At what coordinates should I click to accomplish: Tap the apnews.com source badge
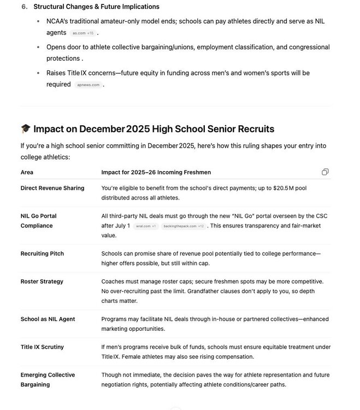coord(88,85)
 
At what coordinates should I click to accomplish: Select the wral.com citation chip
coord(146,226)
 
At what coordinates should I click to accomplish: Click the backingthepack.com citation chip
coord(183,226)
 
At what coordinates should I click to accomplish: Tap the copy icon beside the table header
coord(325,172)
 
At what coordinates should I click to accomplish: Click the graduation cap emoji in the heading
coord(26,130)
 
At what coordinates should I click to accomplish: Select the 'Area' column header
coord(27,172)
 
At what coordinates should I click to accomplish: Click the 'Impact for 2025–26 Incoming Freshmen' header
coord(156,172)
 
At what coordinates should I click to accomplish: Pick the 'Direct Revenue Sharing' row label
coord(52,188)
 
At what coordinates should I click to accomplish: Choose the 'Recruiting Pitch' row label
coord(42,254)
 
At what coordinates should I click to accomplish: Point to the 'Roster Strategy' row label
coord(42,282)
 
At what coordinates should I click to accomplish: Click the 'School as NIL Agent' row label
coord(48,319)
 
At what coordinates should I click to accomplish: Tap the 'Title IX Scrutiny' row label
coord(42,347)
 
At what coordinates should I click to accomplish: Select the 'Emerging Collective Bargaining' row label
coord(48,380)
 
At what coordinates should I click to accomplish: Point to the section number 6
coord(24,7)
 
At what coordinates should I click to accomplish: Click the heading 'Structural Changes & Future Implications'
coord(96,7)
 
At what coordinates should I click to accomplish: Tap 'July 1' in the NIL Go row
coord(121,226)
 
